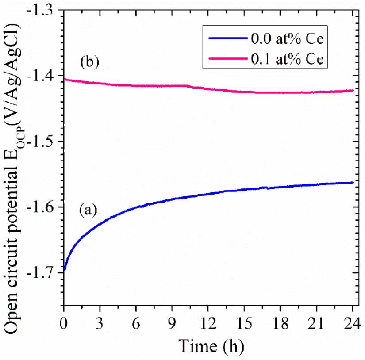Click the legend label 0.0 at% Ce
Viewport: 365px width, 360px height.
[291, 38]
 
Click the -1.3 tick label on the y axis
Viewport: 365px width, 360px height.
[44, 10]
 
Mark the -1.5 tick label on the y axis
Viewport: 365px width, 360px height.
[44, 142]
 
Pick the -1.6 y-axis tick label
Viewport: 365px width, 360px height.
[44, 207]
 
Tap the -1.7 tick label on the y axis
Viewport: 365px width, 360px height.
[44, 272]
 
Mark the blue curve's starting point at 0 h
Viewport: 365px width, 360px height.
[65, 269]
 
